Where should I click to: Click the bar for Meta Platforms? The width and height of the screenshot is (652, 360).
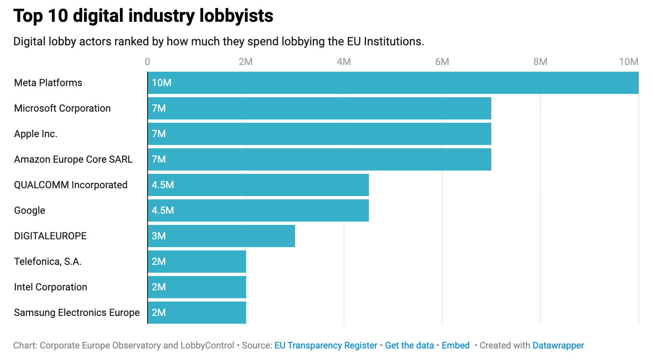[x=393, y=83]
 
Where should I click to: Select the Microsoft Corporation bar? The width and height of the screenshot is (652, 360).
[x=319, y=108]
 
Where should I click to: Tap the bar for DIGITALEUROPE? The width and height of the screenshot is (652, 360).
[x=221, y=236]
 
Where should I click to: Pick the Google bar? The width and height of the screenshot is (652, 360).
[x=258, y=210]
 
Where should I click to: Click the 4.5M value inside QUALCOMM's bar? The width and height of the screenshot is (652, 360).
[x=163, y=185]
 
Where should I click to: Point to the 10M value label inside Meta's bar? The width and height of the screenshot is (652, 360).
[x=162, y=83]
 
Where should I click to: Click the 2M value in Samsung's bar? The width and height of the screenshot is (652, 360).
[x=159, y=313]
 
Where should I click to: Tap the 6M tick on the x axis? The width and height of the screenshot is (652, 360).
[x=442, y=62]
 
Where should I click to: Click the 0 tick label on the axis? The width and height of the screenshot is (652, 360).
[x=148, y=62]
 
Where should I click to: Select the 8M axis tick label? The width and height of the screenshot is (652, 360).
[x=540, y=62]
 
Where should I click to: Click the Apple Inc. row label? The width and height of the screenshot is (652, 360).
[x=36, y=134]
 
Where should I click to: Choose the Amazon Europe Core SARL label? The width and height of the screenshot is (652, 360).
[x=73, y=159]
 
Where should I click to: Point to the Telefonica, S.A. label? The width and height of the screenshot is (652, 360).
[x=48, y=262]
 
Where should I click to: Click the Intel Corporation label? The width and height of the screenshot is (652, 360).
[x=51, y=287]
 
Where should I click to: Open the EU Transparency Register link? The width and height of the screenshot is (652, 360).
[x=326, y=345]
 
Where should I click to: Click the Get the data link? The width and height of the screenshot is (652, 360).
[x=409, y=345]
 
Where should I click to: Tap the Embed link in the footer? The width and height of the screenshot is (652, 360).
[x=455, y=345]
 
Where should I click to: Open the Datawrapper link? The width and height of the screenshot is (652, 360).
[x=558, y=345]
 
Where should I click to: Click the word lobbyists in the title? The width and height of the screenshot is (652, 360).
[x=236, y=16]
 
